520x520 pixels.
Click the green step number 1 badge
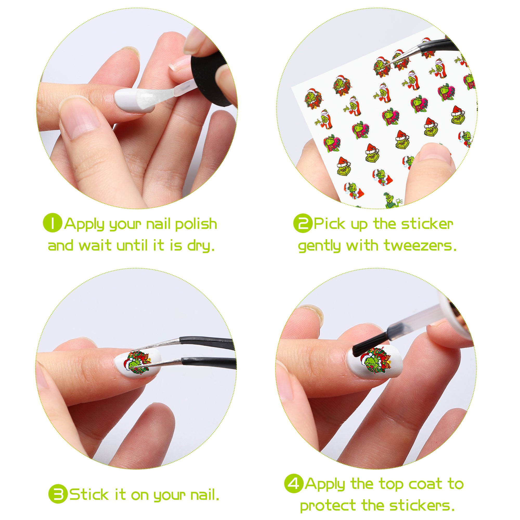pos(53,223)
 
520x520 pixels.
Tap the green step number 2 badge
pos(303,223)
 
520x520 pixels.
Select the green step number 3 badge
pos(58,494)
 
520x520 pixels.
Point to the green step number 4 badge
pos(294,483)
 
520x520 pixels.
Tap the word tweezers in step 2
pos(420,246)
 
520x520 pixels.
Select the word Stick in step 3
pos(89,495)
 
